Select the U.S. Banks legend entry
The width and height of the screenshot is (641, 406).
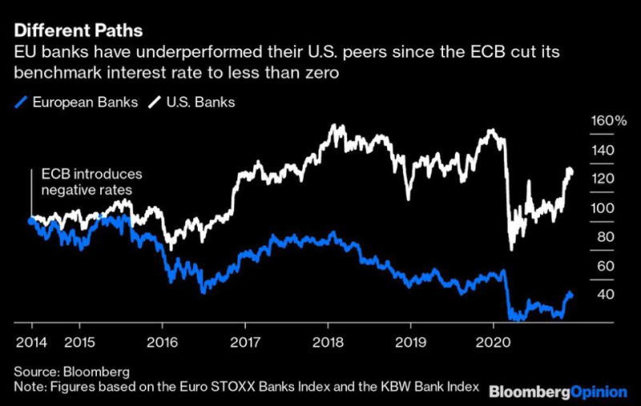(200, 102)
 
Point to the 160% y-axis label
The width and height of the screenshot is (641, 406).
(609, 121)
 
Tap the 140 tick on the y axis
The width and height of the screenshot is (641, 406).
(603, 150)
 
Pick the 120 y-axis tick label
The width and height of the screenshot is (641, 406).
(603, 179)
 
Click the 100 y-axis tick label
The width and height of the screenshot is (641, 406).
(603, 208)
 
